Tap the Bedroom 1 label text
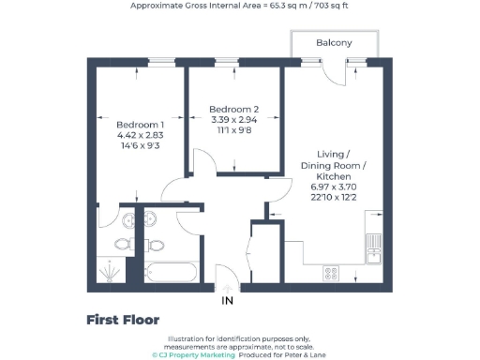[x=141, y=125]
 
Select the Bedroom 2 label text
[x=232, y=109]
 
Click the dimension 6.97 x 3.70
[x=334, y=187]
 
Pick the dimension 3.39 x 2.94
[x=232, y=120]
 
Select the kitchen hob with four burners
[x=331, y=273]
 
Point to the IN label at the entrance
[x=226, y=302]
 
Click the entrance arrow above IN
[x=226, y=287]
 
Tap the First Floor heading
[x=123, y=320]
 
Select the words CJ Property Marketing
[x=194, y=355]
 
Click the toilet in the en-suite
[x=121, y=244]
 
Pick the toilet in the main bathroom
[x=156, y=245]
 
